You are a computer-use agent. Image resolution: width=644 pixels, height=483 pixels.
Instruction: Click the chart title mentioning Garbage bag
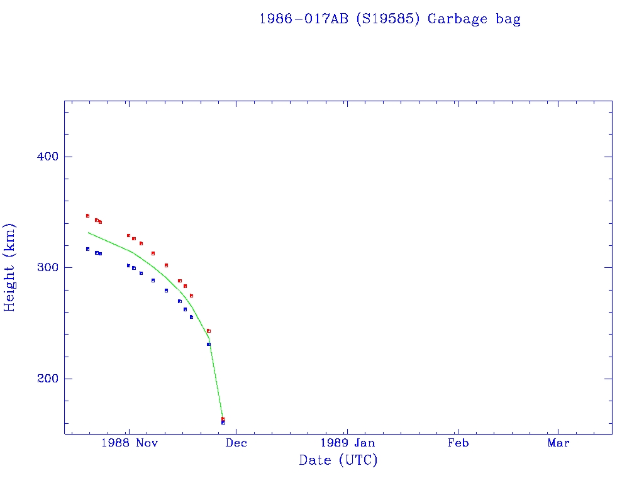390,19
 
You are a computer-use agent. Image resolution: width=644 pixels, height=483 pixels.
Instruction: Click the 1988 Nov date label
128,443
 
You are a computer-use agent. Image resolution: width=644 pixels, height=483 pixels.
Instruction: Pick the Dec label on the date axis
236,443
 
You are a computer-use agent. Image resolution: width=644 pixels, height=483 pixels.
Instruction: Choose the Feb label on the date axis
458,443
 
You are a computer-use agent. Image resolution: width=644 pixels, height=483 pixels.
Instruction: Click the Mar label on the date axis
558,443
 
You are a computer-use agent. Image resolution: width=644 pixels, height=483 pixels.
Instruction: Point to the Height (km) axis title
10,267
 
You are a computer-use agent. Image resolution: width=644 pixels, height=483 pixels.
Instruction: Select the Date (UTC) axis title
338,461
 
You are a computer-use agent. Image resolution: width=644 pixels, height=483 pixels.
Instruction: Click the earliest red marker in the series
87,216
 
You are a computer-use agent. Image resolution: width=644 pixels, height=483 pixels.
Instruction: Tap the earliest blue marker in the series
87,249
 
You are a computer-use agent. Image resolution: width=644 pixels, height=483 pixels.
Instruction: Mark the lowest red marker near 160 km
223,419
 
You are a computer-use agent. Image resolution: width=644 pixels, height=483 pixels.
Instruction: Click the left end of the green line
88,233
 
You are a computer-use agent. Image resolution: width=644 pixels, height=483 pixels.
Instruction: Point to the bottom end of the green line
223,417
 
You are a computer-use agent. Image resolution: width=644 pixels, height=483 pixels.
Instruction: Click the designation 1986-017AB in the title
304,19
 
